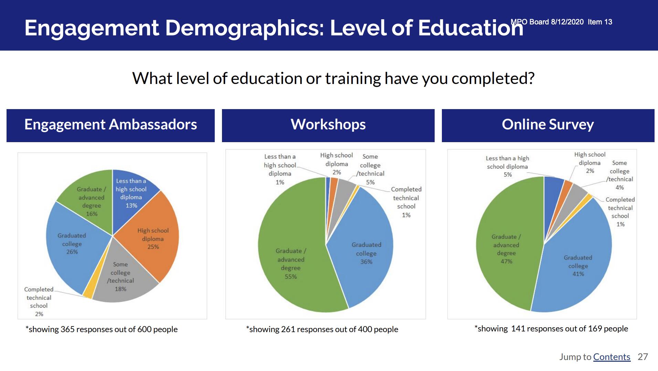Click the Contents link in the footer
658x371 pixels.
pos(612,357)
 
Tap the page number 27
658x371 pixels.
pos(643,357)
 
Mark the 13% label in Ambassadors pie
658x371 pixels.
pos(131,205)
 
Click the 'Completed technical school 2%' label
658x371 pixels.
pos(39,301)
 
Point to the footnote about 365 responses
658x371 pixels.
pos(102,329)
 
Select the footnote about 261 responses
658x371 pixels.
pos(322,329)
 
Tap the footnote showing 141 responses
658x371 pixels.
pos(551,329)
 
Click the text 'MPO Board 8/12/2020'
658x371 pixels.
pos(547,22)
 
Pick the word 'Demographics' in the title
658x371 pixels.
pos(245,28)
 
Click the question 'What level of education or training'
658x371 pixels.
pos(257,78)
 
